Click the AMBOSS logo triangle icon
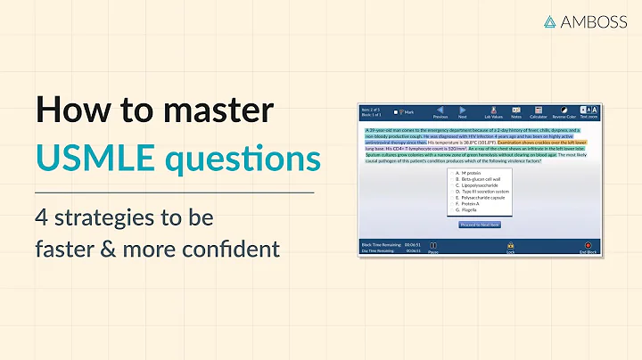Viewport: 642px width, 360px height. (552, 22)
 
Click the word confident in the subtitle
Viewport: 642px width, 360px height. (235, 248)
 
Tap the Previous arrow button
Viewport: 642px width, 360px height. (440, 110)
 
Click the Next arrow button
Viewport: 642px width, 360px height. (462, 110)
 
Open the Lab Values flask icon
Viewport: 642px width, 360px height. (493, 110)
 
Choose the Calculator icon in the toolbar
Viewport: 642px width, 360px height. (539, 110)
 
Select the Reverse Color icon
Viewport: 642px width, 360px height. (564, 110)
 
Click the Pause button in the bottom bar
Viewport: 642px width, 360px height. (433, 245)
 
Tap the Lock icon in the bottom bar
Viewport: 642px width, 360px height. (510, 245)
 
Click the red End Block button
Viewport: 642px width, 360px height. (588, 245)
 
